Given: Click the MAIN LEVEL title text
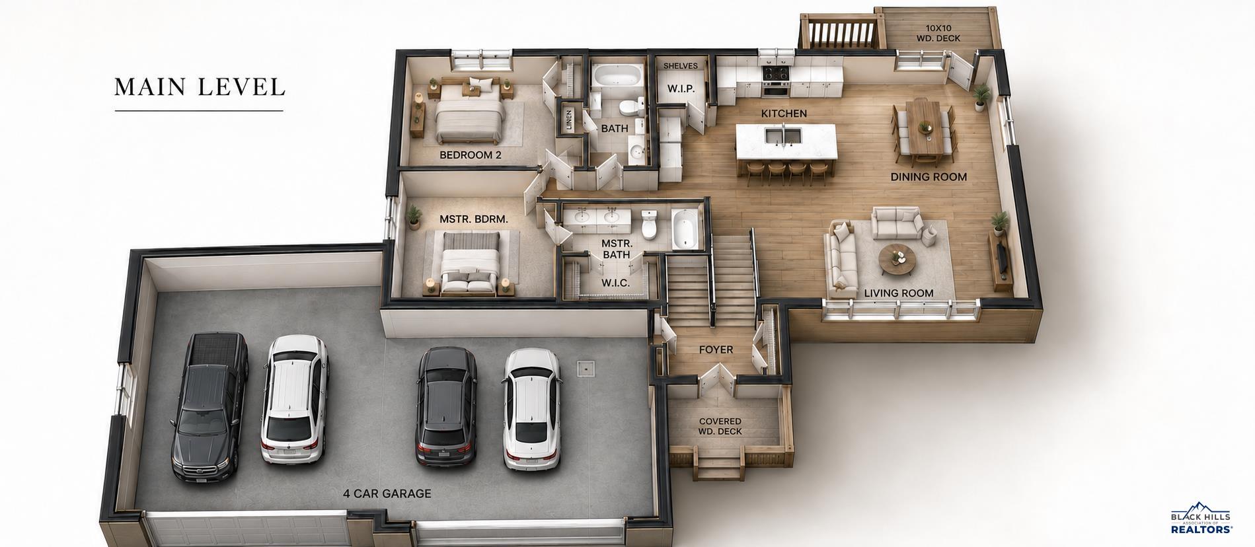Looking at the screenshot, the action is click(200, 87).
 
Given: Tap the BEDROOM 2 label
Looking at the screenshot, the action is click(471, 155).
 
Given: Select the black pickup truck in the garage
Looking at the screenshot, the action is click(209, 404).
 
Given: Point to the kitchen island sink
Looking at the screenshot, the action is click(784, 135).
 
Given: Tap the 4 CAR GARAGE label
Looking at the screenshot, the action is click(387, 493).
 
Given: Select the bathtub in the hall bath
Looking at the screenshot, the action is click(616, 75).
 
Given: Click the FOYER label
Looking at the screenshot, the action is click(716, 349).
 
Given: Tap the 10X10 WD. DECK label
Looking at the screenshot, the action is click(938, 34).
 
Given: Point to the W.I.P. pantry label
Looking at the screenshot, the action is click(680, 89).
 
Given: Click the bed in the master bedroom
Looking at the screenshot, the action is click(470, 261).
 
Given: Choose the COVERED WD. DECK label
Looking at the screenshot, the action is click(720, 426).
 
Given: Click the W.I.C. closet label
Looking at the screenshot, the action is click(615, 283).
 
